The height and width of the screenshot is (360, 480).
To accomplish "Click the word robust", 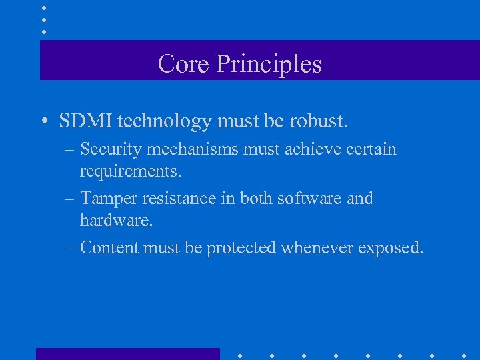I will tap(321, 121).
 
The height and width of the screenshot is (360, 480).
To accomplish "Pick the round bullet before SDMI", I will tap(43, 122).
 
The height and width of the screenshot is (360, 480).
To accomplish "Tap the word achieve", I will tap(305, 149).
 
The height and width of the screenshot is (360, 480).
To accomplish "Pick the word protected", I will tap(241, 247).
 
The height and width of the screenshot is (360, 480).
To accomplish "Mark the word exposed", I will tap(390, 247).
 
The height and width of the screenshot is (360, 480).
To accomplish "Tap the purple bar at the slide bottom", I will tap(127, 354).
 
